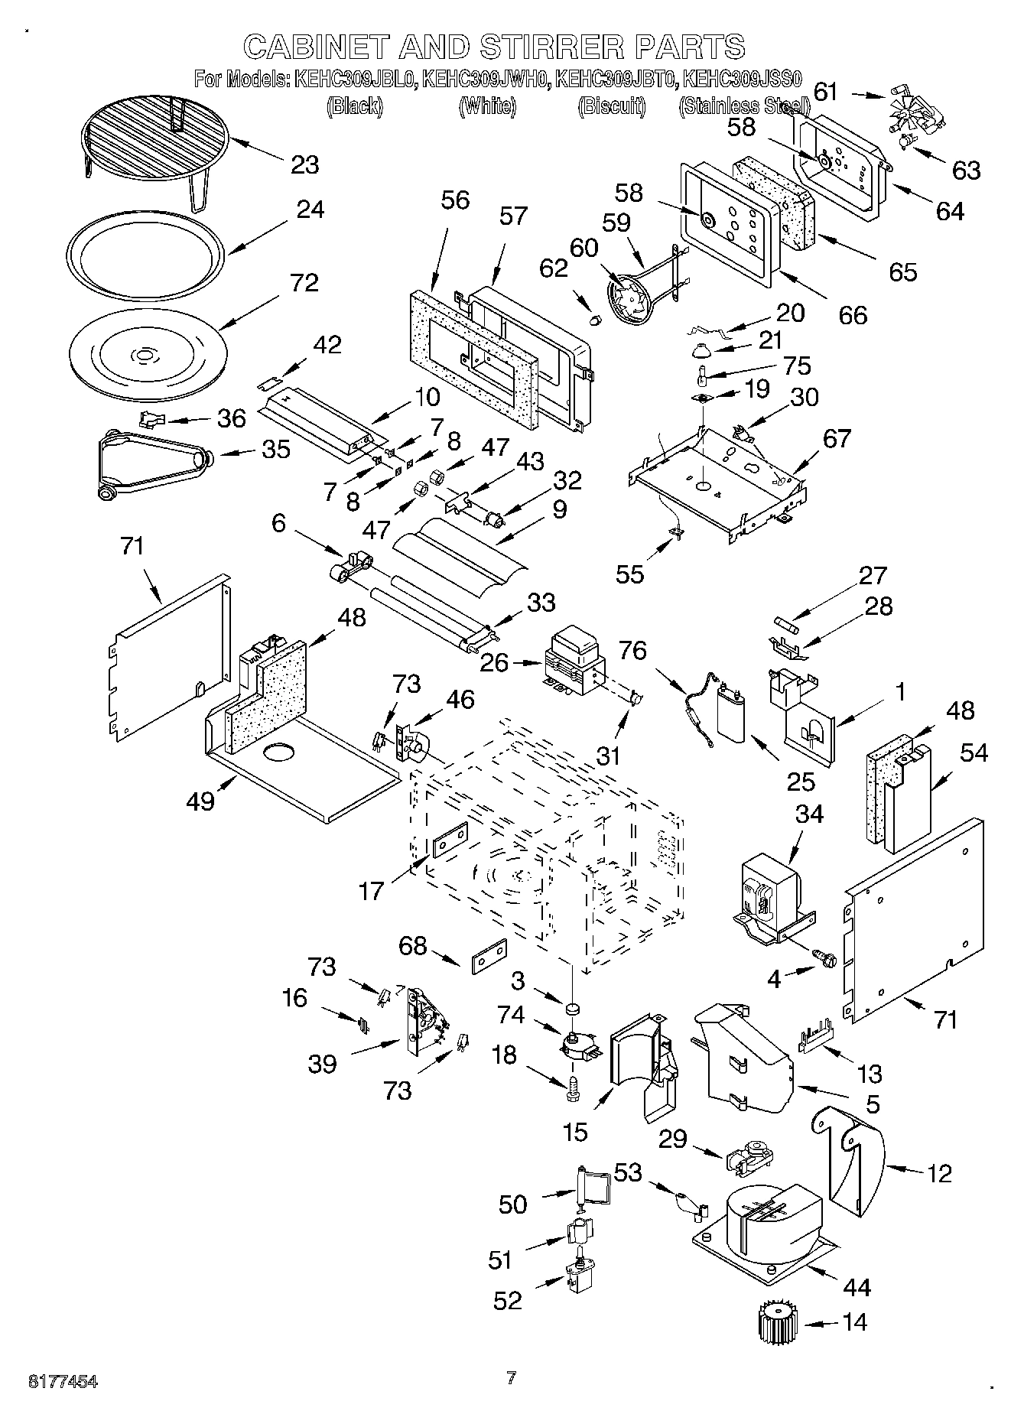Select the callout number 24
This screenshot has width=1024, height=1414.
pos(309,210)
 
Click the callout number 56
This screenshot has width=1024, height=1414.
pos(455,200)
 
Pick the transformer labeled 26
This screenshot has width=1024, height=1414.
pos(572,660)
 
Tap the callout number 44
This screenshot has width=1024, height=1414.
pos(856,1287)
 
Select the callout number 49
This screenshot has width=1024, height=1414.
pos(200,801)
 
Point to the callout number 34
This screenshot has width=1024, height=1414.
pos(809,814)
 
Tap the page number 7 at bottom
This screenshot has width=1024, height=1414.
pos(512,1378)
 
